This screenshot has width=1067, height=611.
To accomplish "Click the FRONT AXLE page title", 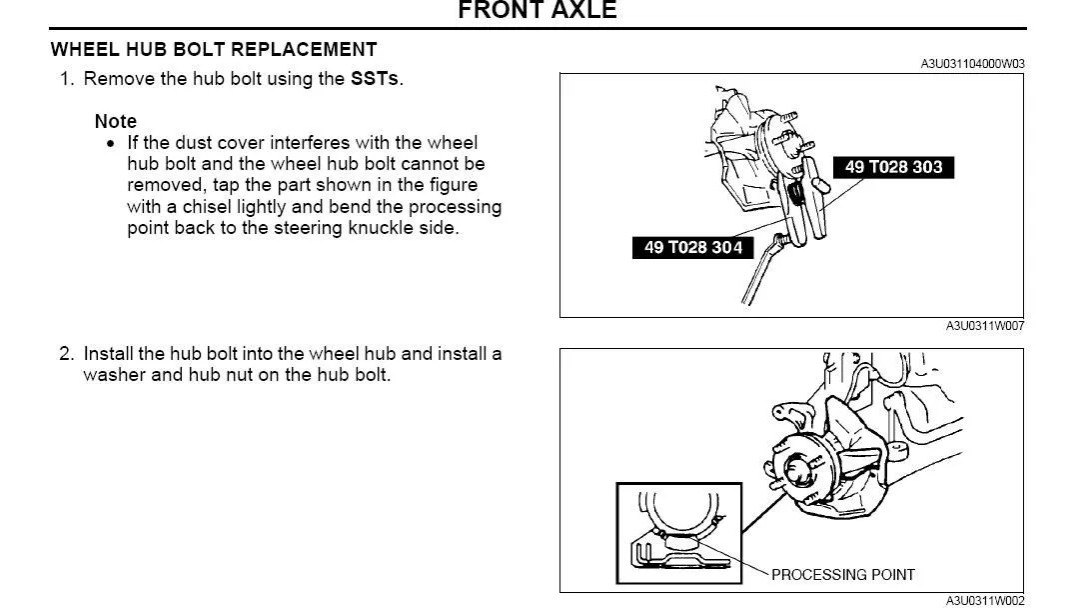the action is point(537,10).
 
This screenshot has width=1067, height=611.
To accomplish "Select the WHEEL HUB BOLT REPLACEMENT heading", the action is point(214,50).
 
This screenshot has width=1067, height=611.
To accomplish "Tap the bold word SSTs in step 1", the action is point(375,79).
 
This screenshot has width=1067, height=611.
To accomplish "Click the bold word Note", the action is point(116,121).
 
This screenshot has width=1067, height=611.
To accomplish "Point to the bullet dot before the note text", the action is point(111,144).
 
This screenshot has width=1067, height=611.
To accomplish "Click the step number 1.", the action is point(66,79).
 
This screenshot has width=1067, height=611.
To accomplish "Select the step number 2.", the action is point(66,354).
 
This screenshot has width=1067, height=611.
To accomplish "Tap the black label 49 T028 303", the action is point(893,167).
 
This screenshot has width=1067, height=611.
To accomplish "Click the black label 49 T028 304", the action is point(692,247).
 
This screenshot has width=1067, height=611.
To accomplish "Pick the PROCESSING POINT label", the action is point(843,575).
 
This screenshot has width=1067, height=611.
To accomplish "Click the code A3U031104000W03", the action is point(972,64).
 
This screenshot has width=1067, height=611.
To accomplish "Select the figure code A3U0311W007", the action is point(985,326).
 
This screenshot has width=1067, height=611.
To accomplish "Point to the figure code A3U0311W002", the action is point(985,601).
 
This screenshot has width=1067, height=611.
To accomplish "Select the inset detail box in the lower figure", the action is point(679,533).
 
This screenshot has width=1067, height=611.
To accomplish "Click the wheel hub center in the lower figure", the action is point(795,470).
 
